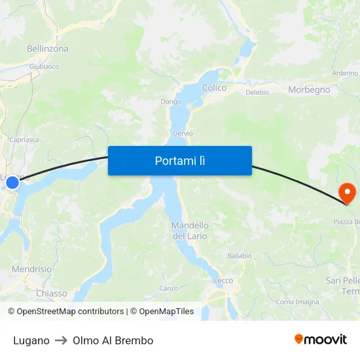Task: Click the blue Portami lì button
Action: pyautogui.click(x=180, y=160)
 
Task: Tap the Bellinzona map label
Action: pyautogui.click(x=48, y=48)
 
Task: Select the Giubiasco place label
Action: pyautogui.click(x=45, y=66)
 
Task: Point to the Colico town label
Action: pyautogui.click(x=215, y=88)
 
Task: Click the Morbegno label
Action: pyautogui.click(x=309, y=90)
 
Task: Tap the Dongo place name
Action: pyautogui.click(x=170, y=101)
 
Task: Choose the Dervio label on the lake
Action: pyautogui.click(x=183, y=133)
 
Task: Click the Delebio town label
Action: pyautogui.click(x=257, y=92)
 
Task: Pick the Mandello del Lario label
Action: pyautogui.click(x=190, y=230)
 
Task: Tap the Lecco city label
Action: pyautogui.click(x=223, y=281)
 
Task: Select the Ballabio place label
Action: pyautogui.click(x=240, y=255)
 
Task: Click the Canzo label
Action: pyautogui.click(x=168, y=288)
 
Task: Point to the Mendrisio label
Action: pyautogui.click(x=32, y=269)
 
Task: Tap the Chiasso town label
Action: pyautogui.click(x=51, y=293)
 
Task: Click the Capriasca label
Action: pyautogui.click(x=24, y=139)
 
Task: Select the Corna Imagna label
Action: pyautogui.click(x=297, y=302)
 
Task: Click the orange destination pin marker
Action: pyautogui.click(x=347, y=192)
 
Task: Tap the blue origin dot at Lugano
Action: pyautogui.click(x=12, y=184)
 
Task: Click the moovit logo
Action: pyautogui.click(x=321, y=340)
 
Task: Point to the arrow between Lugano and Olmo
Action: pyautogui.click(x=61, y=340)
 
